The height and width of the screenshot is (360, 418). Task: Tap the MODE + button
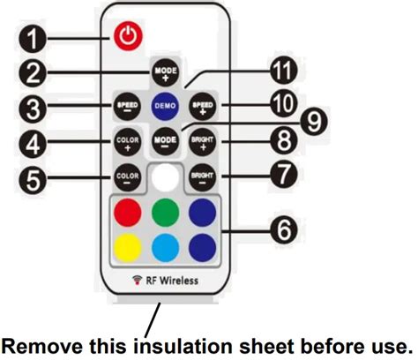point(165,71)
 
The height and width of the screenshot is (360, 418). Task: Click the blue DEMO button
point(165,105)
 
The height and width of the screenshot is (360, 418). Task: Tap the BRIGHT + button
point(203,140)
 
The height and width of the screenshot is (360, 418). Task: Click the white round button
point(165,176)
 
